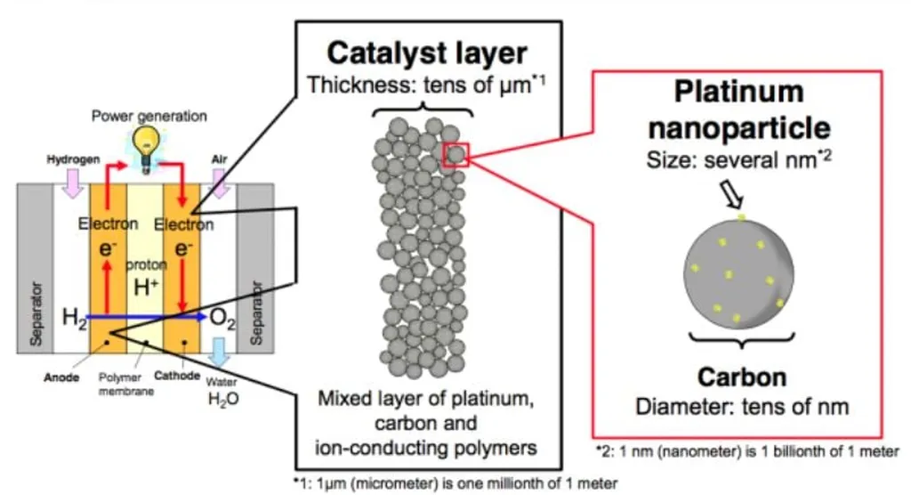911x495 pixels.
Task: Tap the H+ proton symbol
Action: pyautogui.click(x=144, y=288)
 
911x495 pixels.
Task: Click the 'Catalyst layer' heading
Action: pyautogui.click(x=427, y=53)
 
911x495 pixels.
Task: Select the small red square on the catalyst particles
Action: pyautogui.click(x=455, y=155)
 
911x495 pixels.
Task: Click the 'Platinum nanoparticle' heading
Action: pyautogui.click(x=739, y=109)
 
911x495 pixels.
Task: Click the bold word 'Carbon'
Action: pyautogui.click(x=742, y=377)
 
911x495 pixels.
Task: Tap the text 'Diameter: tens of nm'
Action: pyautogui.click(x=742, y=406)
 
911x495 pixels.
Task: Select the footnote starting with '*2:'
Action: pyautogui.click(x=748, y=451)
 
